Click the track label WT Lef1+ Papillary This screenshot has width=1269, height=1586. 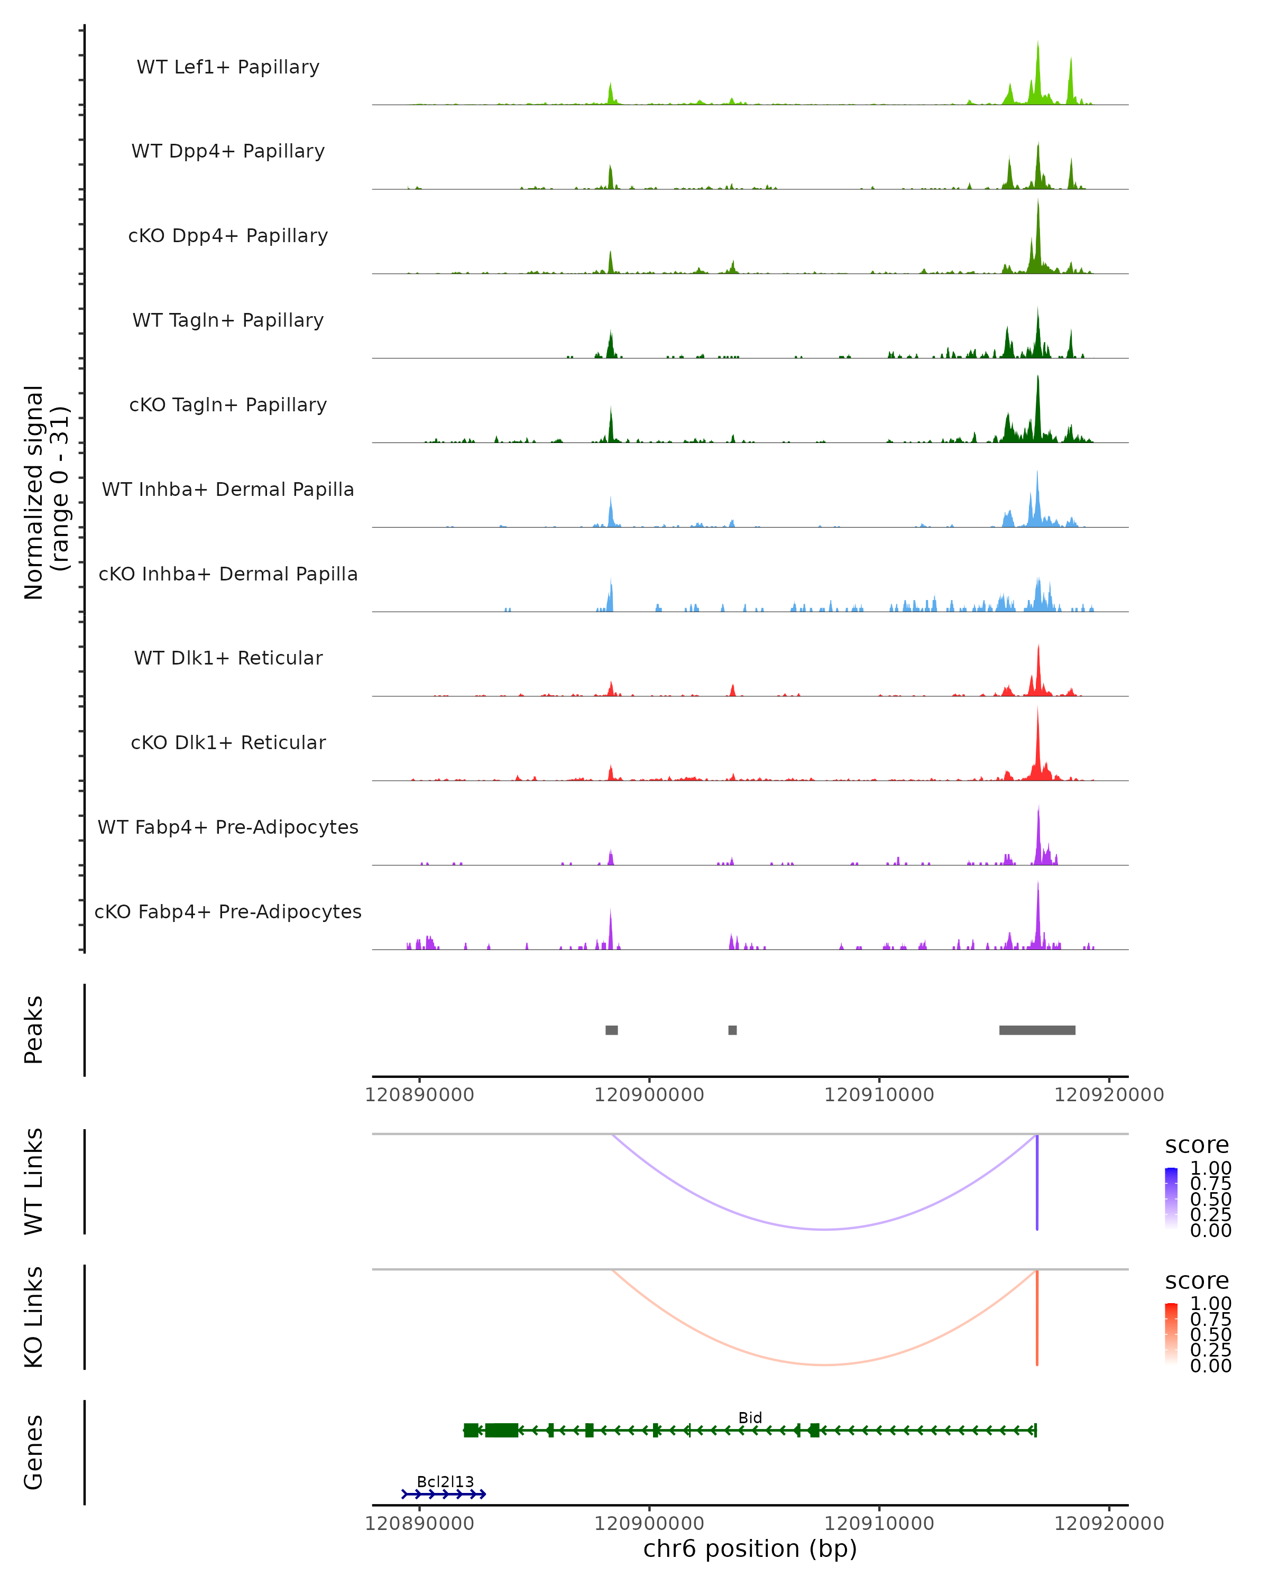[228, 67]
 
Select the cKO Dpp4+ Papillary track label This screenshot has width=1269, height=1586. [228, 235]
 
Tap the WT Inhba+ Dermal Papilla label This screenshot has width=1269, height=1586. [228, 489]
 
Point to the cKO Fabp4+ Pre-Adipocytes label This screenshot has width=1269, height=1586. [228, 911]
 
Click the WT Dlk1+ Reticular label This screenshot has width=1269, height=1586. [228, 658]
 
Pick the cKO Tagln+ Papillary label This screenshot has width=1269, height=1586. [228, 404]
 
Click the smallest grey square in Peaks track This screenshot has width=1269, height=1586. [732, 1030]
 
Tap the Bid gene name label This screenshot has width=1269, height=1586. [750, 1417]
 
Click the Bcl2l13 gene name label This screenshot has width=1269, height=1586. [445, 1481]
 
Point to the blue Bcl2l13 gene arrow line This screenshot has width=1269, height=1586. [444, 1494]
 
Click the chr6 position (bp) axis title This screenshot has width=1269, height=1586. [750, 1548]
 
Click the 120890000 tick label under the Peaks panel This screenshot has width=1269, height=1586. [419, 1095]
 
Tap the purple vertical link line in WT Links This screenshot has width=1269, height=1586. [1036, 1184]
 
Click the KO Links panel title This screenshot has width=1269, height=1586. [34, 1317]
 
